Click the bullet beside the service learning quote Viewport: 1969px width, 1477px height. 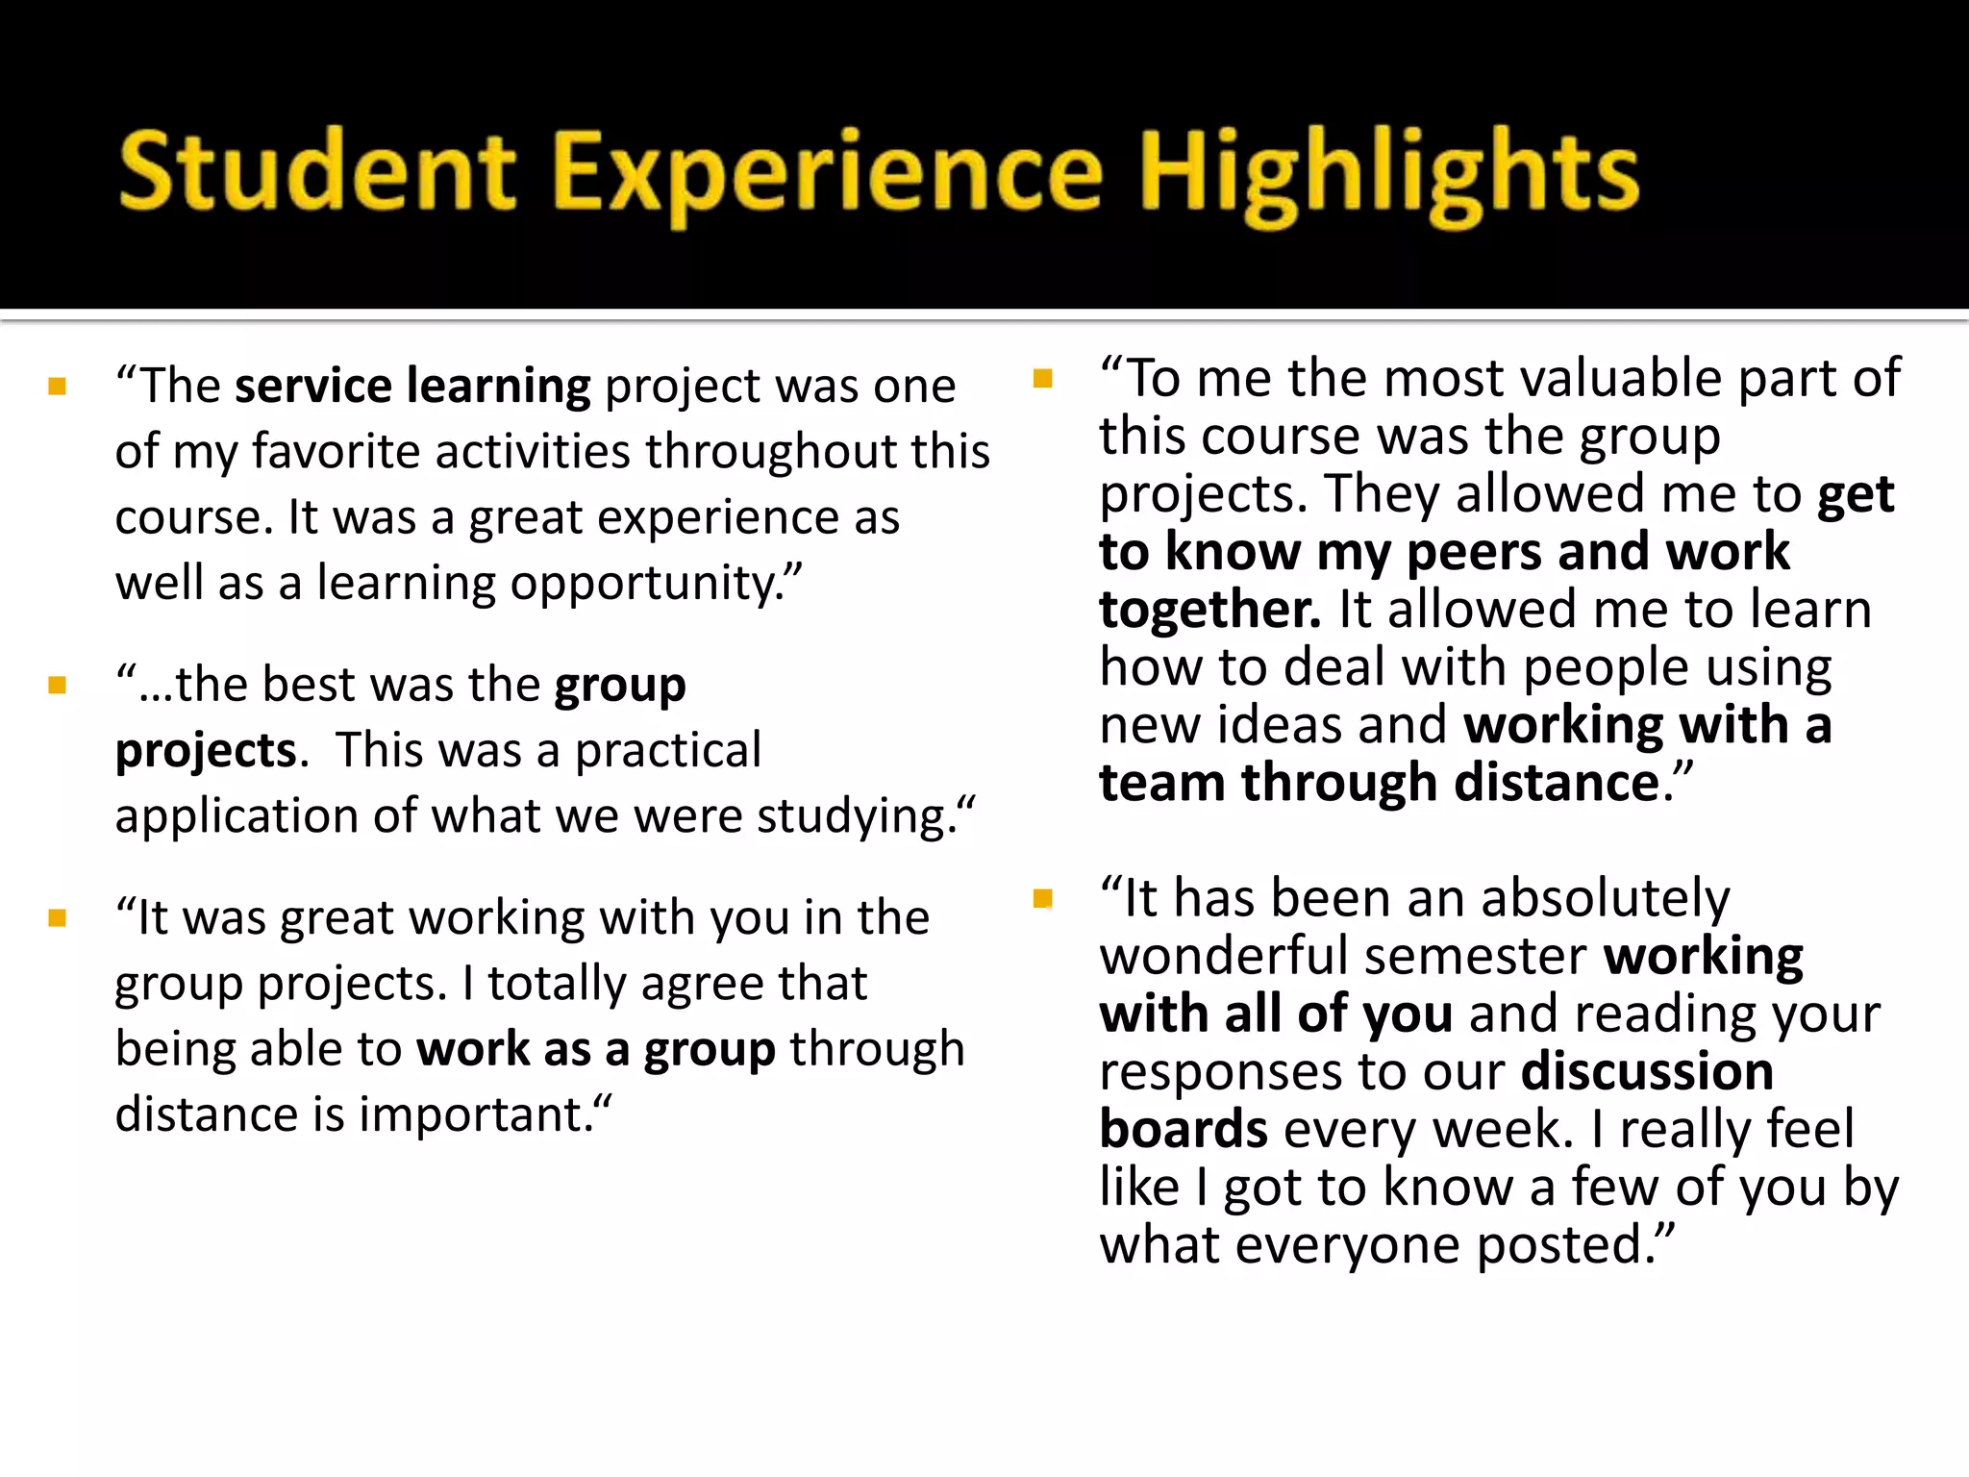(58, 387)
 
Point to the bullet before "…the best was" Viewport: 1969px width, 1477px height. (58, 686)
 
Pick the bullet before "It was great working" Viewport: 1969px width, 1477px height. (58, 918)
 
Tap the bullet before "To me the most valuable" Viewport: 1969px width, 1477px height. (1043, 378)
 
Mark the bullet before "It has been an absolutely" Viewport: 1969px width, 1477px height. (1043, 899)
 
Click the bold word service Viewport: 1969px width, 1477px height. (312, 386)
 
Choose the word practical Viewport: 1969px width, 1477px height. (667, 750)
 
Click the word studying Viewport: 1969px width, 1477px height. (856, 816)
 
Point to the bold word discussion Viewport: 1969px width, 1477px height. (1647, 1071)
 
